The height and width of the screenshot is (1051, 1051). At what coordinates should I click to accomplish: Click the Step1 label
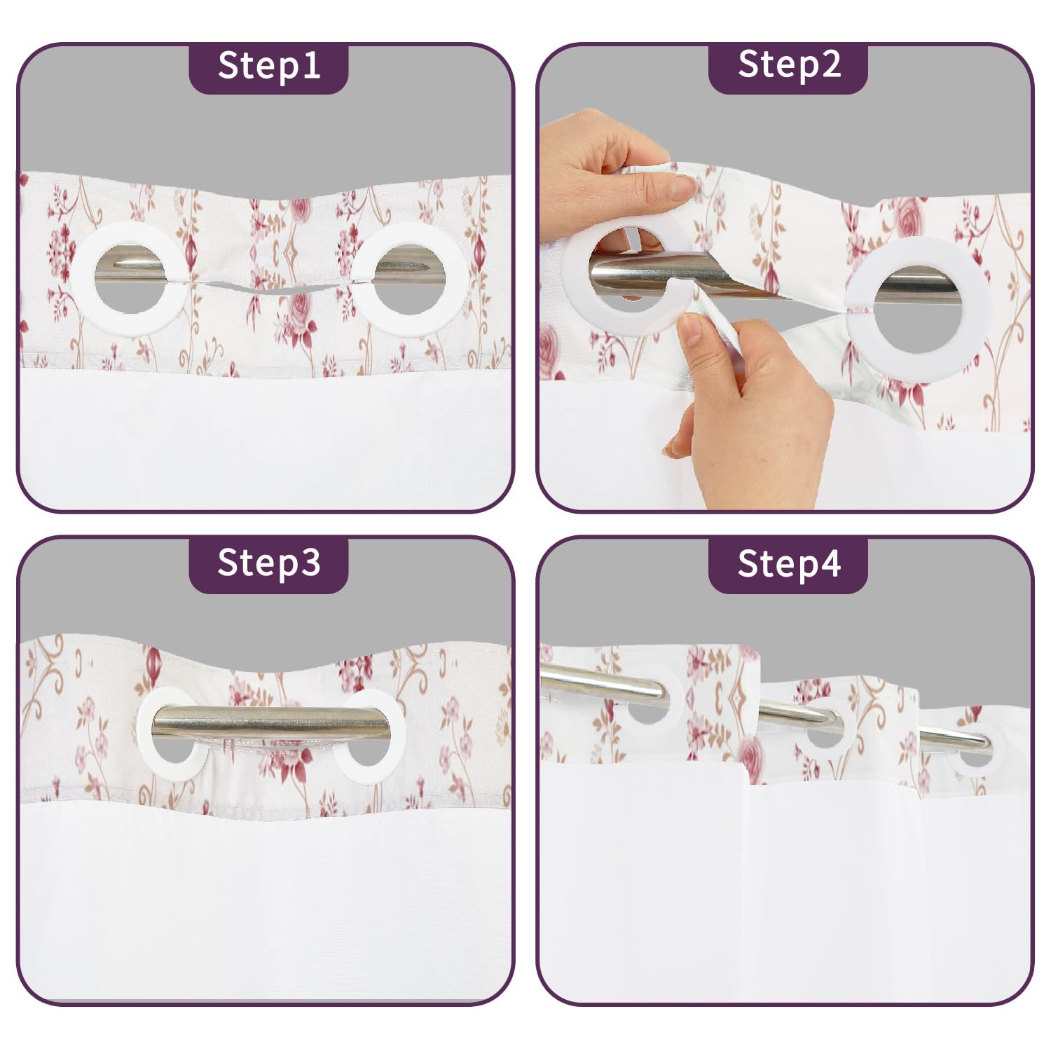[269, 66]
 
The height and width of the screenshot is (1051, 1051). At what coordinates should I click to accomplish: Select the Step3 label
[269, 563]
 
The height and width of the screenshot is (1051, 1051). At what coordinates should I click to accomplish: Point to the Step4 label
[789, 563]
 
